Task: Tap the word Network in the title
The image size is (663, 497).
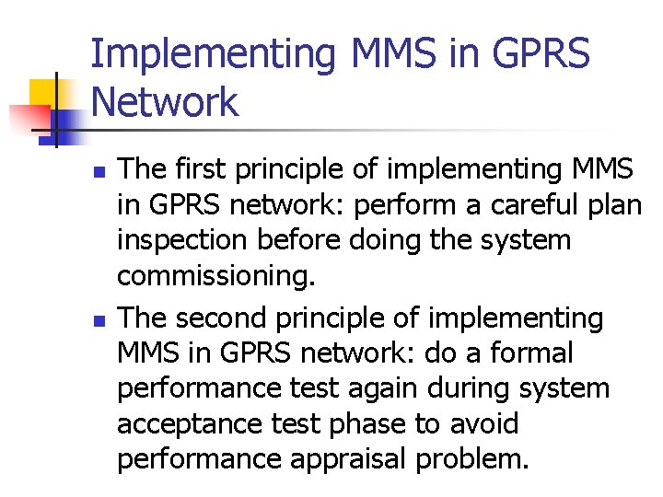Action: [165, 102]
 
